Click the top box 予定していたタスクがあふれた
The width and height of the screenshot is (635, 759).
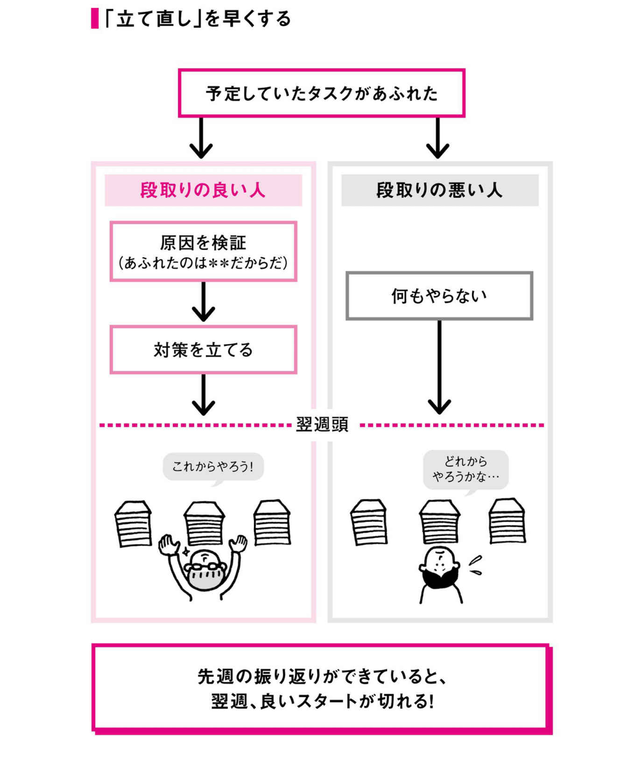coord(321,93)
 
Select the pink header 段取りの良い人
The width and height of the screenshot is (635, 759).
coord(203,190)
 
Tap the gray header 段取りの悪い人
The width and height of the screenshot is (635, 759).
coord(440,190)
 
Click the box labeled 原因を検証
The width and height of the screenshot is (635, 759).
coord(203,251)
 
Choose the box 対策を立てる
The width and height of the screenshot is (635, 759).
coord(203,350)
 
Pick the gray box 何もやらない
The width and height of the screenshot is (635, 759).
coord(439,296)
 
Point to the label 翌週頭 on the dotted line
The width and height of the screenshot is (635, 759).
coord(322,424)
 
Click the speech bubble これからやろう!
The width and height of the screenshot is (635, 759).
coord(213,467)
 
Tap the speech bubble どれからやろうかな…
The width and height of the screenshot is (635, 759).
coord(465,469)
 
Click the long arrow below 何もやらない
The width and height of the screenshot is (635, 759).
coord(439,367)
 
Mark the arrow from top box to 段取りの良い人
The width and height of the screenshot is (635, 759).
coord(201,138)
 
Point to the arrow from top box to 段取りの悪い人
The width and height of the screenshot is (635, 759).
coord(437,138)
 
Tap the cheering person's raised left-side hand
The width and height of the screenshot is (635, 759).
coord(169,545)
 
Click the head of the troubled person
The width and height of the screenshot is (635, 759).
coord(439,561)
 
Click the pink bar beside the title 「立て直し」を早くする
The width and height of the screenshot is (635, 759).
coord(95,18)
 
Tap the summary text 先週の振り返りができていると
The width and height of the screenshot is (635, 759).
coord(322,677)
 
